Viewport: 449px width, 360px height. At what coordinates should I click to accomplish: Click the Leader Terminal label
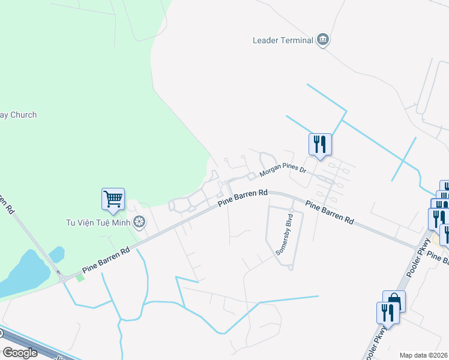pos(282,41)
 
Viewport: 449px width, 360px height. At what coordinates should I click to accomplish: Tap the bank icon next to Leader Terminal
pos(323,40)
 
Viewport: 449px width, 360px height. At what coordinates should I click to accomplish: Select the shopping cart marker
pos(113,199)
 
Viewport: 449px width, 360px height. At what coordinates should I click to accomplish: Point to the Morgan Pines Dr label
pos(282,172)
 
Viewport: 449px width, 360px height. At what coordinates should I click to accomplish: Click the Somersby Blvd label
pos(284,235)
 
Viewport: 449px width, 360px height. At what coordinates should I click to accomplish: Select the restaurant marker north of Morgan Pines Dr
pos(320,144)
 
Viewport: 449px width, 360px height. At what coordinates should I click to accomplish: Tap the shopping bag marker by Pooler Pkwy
pos(394,301)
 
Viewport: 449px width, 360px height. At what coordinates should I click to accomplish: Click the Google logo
pos(20,353)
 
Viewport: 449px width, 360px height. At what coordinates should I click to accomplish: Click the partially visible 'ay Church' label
pos(18,115)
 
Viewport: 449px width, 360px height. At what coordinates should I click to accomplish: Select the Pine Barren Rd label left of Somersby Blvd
pos(242,198)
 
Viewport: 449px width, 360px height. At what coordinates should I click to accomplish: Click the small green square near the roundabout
pos(80,278)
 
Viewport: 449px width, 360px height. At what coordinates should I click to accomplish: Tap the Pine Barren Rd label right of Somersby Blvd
pos(329,213)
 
